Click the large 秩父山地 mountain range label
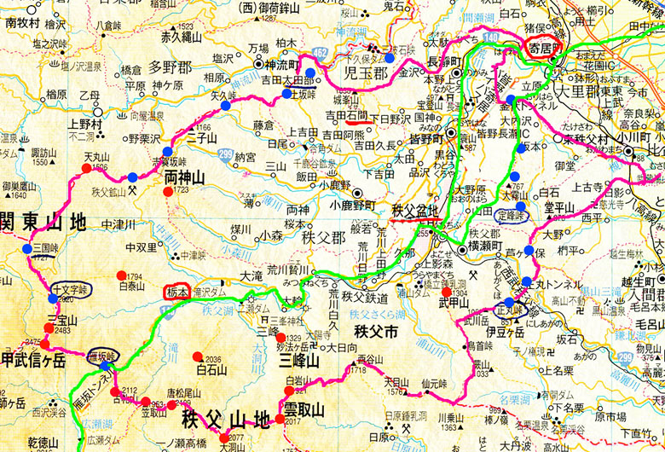pos(225,420)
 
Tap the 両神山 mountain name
pos(185,177)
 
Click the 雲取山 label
pos(304,410)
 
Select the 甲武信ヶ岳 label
pos(33,361)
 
